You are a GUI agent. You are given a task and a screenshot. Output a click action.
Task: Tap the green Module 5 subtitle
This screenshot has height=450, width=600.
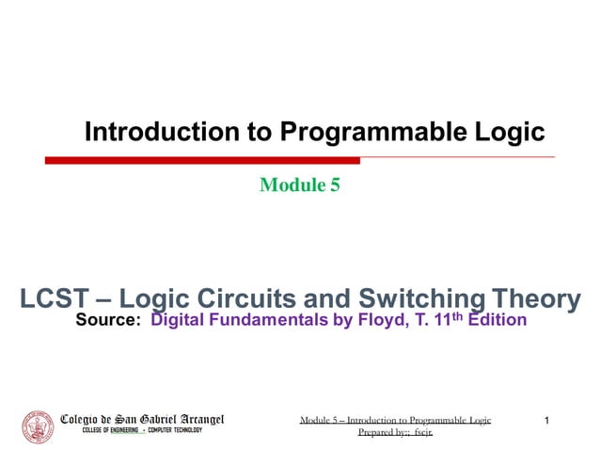[299, 185]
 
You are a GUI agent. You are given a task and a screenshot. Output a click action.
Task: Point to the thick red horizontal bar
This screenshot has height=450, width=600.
[202, 160]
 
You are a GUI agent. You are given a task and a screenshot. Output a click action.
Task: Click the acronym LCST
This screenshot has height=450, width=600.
[55, 300]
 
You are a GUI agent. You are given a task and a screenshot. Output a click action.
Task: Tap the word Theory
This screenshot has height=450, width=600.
[539, 300]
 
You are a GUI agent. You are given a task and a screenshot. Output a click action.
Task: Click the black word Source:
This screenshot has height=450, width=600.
[108, 322]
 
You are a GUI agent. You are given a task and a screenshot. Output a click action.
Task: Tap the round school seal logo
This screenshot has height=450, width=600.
[38, 426]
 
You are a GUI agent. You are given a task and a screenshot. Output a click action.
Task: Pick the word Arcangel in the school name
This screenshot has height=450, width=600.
[195, 418]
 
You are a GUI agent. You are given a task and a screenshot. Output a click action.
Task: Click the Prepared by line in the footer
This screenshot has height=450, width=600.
[387, 432]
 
